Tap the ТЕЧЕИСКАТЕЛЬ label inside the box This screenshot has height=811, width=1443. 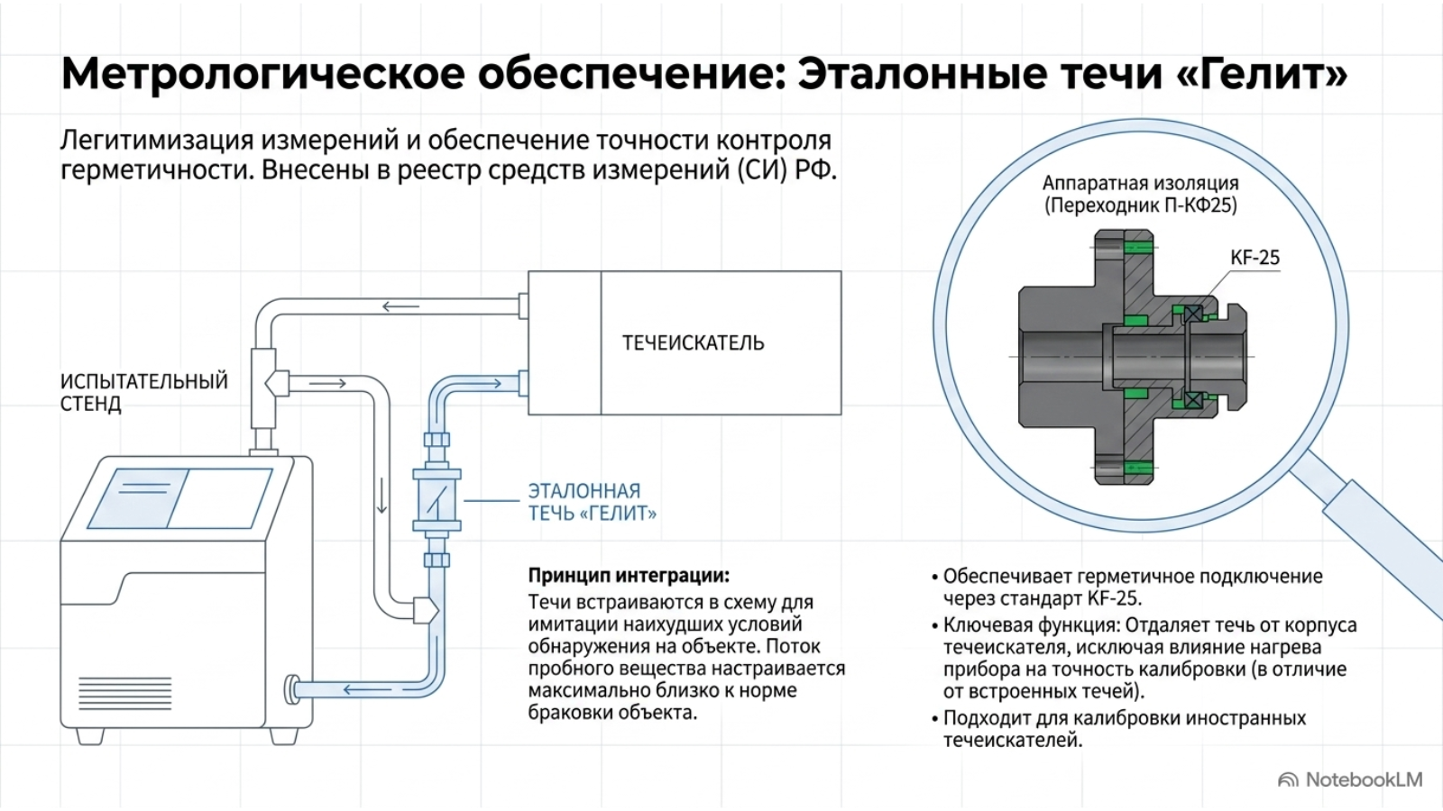coord(693,343)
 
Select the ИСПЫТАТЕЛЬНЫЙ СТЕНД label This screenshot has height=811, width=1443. coord(143,393)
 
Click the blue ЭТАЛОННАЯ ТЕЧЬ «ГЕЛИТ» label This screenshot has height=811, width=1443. coord(592,502)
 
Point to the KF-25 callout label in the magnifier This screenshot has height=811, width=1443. coord(1255,258)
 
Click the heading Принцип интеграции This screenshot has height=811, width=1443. coord(629,575)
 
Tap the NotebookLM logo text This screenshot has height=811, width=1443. coord(1364,779)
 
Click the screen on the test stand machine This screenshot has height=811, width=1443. coord(179,498)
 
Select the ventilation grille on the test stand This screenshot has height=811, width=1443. coord(125,693)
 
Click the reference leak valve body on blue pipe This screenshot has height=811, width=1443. coord(437,500)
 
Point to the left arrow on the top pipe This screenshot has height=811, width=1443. coord(400,306)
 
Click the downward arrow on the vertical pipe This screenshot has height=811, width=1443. coord(382,495)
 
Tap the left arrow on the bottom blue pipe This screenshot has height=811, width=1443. coord(361,689)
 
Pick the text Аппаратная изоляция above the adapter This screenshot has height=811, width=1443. coord(1140,184)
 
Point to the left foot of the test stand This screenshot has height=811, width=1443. coord(90,736)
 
